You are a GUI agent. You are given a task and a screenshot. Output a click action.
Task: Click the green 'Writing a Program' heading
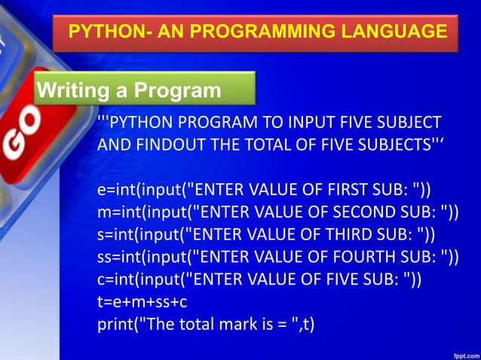click(x=129, y=91)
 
